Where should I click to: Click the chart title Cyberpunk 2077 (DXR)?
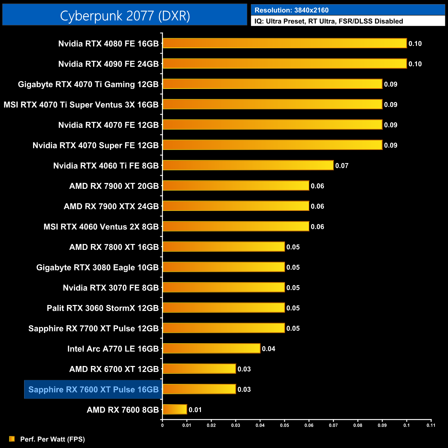tap(125, 16)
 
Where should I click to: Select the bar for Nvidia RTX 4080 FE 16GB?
tap(284, 43)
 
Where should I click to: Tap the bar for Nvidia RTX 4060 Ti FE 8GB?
tap(248, 165)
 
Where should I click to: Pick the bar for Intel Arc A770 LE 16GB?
tap(211, 348)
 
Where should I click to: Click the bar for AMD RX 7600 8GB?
tap(175, 409)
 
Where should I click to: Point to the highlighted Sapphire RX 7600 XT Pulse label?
tap(93, 389)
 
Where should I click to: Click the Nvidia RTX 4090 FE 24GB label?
tap(108, 64)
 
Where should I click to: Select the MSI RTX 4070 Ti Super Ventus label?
tap(81, 105)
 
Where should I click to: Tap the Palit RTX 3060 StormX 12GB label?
tap(103, 308)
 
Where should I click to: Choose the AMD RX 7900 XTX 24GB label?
tap(111, 206)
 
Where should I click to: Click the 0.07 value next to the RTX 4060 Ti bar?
tap(342, 166)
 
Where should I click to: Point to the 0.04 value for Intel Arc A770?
tap(268, 349)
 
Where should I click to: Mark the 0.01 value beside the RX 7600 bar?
tap(195, 410)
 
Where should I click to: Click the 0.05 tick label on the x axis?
tap(284, 425)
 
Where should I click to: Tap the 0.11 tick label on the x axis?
tap(431, 425)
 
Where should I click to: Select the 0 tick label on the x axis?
tap(162, 425)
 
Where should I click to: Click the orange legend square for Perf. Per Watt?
tap(12, 439)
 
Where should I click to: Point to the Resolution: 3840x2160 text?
tap(292, 10)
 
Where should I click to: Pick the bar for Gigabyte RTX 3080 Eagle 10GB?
tap(224, 267)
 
